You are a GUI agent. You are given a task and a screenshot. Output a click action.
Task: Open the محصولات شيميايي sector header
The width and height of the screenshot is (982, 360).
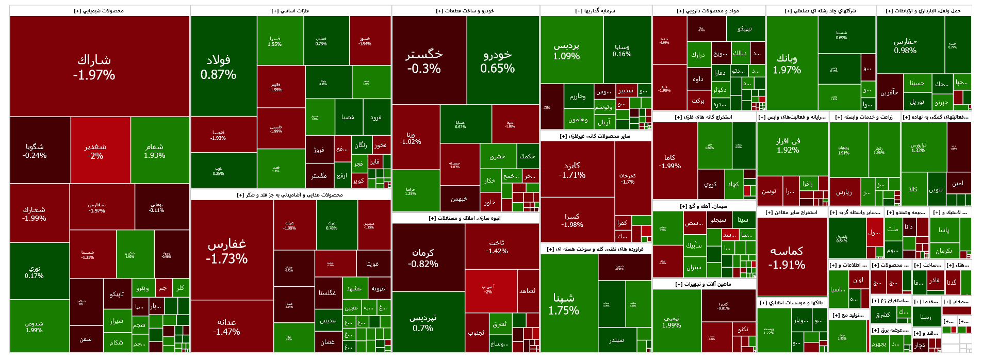[99, 10]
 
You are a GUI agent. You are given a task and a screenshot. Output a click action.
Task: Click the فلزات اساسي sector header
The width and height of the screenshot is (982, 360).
[290, 10]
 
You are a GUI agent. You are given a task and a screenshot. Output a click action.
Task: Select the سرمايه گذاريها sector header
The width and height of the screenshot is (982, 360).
[595, 10]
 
